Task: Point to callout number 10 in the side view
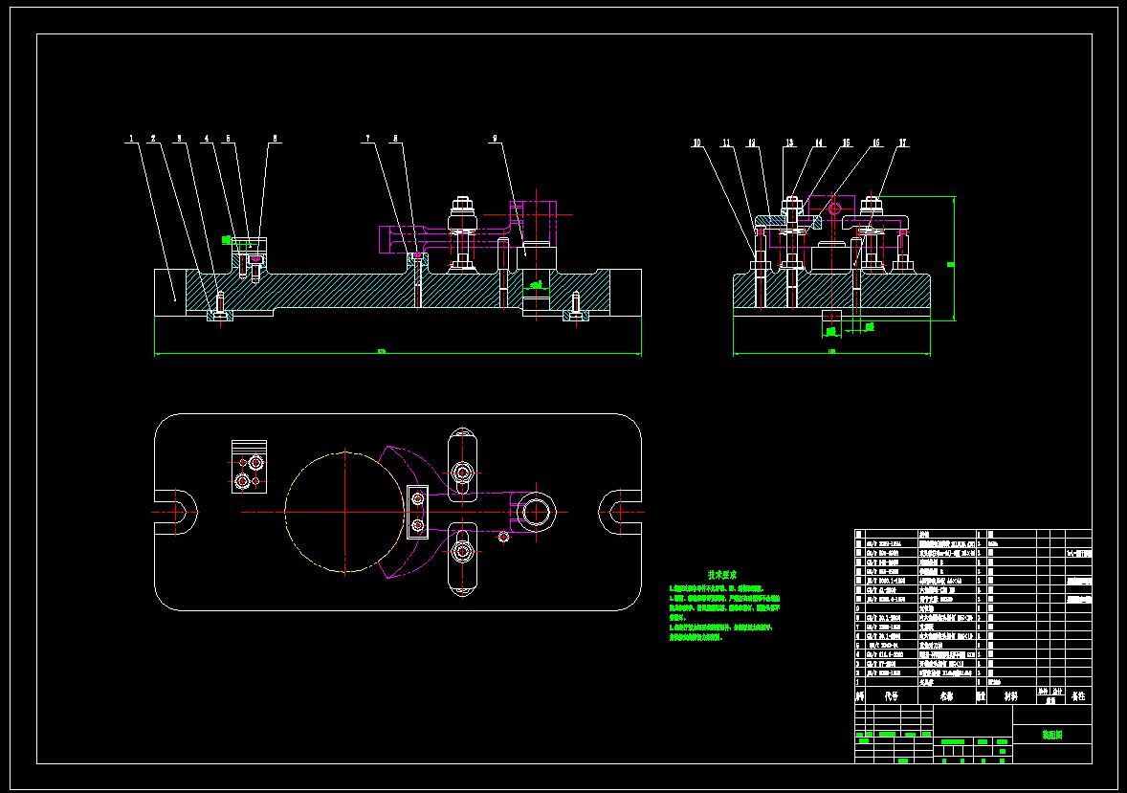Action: pos(697,143)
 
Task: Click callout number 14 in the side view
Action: pos(819,143)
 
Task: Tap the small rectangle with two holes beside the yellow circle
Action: pos(417,512)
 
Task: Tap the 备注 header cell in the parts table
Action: pos(1077,697)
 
